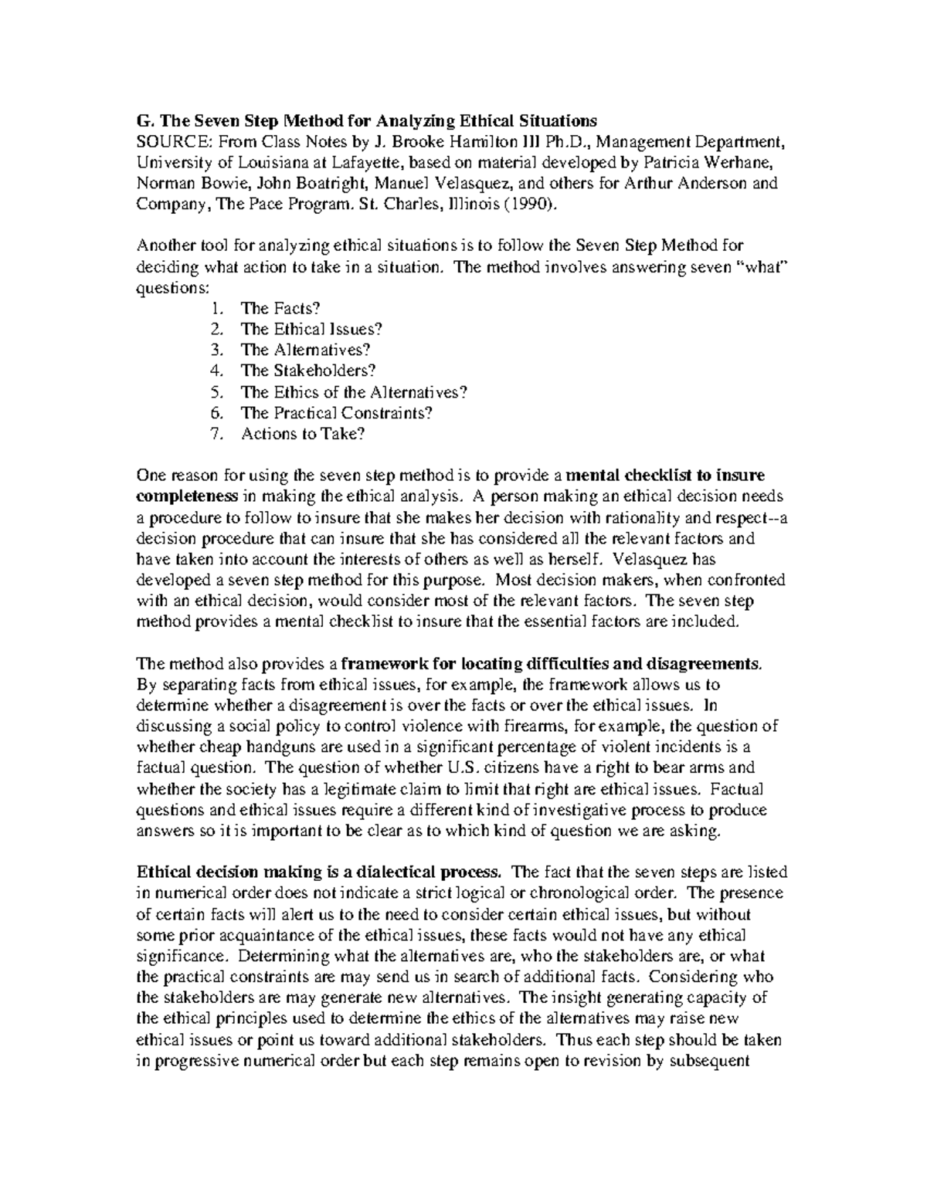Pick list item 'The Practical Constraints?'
(337, 412)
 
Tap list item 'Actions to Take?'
(302, 433)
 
